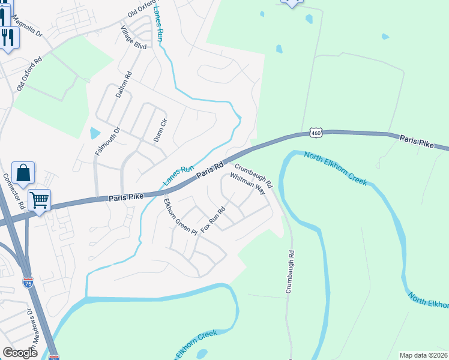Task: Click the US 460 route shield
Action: (316, 131)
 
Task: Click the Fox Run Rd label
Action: (213, 220)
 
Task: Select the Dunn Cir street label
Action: (158, 130)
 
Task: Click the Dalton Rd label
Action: (124, 86)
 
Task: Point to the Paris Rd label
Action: (210, 168)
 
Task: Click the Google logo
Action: (20, 353)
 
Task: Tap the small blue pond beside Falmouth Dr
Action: (95, 133)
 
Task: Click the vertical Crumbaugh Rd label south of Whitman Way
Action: (289, 271)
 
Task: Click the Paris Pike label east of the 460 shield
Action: (416, 141)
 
